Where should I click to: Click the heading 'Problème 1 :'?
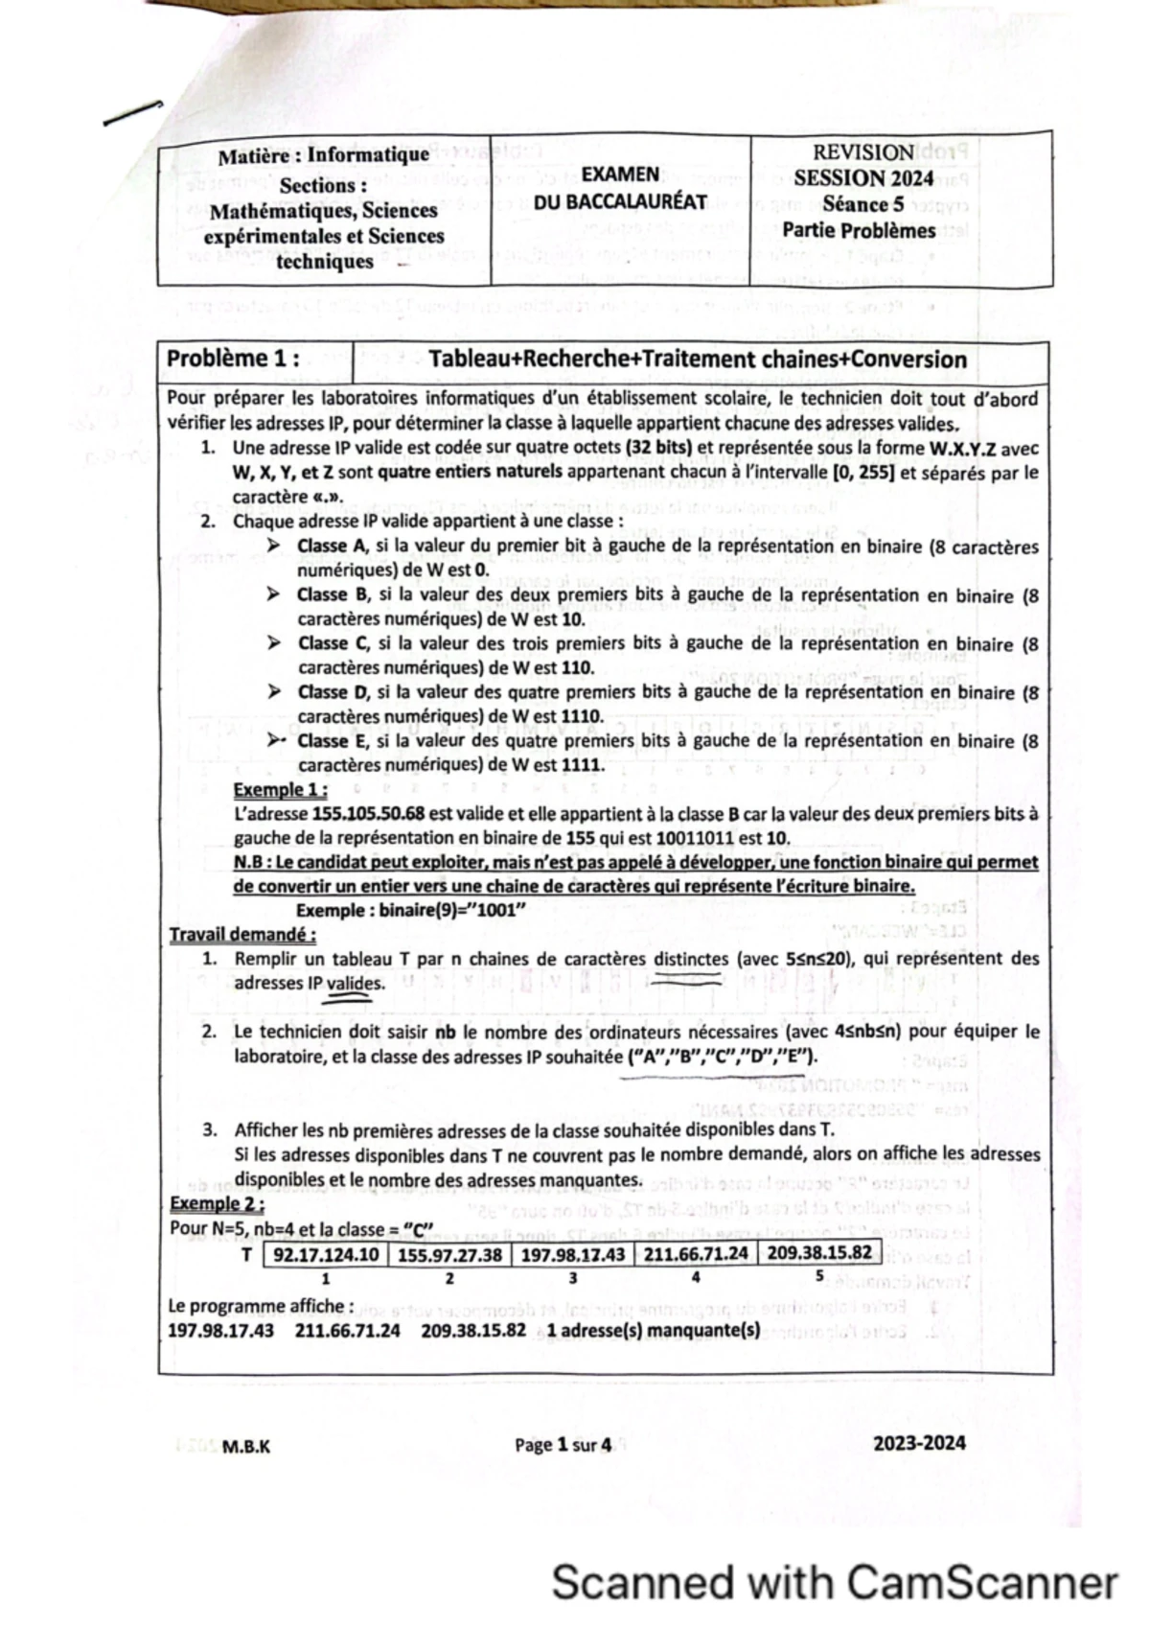232,359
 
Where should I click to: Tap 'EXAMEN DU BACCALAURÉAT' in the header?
620,188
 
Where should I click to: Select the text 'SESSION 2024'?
862,178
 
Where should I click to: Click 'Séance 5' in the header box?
862,204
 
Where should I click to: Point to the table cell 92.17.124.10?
326,1254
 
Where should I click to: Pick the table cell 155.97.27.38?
449,1254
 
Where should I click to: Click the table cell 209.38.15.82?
819,1252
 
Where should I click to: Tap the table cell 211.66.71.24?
696,1253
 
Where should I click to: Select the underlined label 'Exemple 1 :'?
281,790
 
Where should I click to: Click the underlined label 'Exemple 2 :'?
217,1203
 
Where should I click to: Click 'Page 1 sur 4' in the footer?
563,1445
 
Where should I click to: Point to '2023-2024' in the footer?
919,1443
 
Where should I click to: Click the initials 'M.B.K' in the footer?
245,1447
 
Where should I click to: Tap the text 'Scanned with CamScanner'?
834,1583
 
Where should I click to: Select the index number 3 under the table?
572,1278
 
